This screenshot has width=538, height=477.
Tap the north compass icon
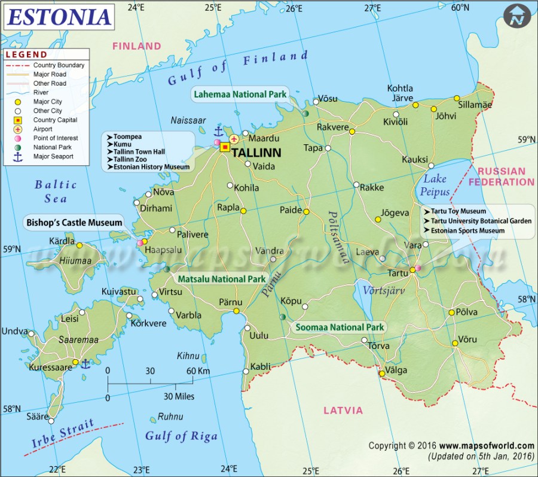click(518, 16)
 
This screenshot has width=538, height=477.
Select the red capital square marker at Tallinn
click(225, 147)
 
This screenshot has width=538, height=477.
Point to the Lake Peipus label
click(435, 184)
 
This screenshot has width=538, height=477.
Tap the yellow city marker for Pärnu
click(237, 311)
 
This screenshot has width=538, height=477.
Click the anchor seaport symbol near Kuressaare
click(85, 363)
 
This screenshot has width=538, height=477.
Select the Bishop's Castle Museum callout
click(74, 223)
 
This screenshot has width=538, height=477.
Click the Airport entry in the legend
click(42, 129)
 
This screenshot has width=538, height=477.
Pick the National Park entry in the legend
click(53, 147)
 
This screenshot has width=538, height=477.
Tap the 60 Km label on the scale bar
click(197, 371)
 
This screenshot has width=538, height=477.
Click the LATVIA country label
click(343, 411)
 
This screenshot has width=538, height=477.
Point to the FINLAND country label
click(137, 46)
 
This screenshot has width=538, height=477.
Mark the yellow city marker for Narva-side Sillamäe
click(457, 98)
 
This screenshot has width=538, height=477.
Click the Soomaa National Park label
click(338, 327)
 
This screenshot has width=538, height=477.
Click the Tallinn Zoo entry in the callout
click(133, 160)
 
